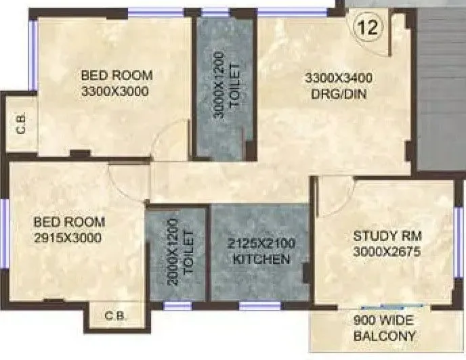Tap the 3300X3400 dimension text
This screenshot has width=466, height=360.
point(337,78)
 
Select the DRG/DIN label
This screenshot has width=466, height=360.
point(339,94)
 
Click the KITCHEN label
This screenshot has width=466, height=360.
point(261,259)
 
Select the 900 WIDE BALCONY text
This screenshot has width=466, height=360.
point(385,328)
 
